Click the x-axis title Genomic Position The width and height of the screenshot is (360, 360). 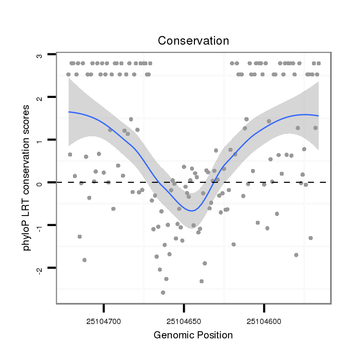(x=193, y=335)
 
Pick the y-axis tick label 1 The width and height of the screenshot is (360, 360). (x=39, y=140)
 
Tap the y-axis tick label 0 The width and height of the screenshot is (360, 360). (x=39, y=182)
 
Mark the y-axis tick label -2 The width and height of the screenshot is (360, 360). (x=39, y=268)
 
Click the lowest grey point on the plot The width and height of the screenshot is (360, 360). (x=163, y=292)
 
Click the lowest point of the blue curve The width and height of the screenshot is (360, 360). (x=192, y=211)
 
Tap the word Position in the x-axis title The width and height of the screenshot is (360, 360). (x=215, y=335)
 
